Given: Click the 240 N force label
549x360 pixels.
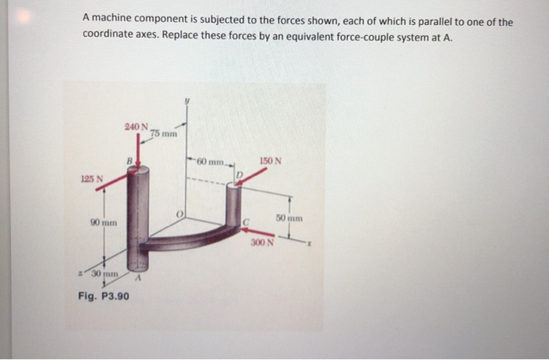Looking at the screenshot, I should (136, 127).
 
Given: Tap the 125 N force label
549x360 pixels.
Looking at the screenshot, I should (92, 180).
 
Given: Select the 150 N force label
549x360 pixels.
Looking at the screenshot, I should (271, 162).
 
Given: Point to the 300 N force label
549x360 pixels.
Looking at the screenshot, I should (262, 242).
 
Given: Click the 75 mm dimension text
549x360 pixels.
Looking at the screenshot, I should (165, 133).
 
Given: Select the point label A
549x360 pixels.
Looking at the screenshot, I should (139, 276).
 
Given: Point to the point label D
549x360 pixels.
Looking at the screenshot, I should (240, 173).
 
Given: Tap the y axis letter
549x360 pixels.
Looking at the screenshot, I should (187, 100).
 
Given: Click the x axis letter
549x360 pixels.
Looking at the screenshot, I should (311, 242).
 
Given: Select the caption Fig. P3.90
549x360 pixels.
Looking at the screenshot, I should (105, 296).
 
